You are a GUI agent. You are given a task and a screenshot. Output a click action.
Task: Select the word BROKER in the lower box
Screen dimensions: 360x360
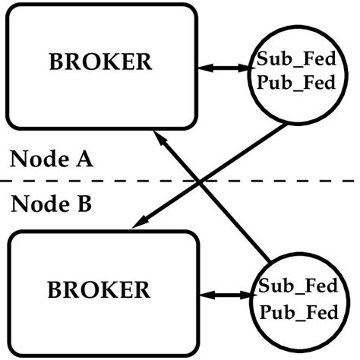pyautogui.click(x=99, y=289)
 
